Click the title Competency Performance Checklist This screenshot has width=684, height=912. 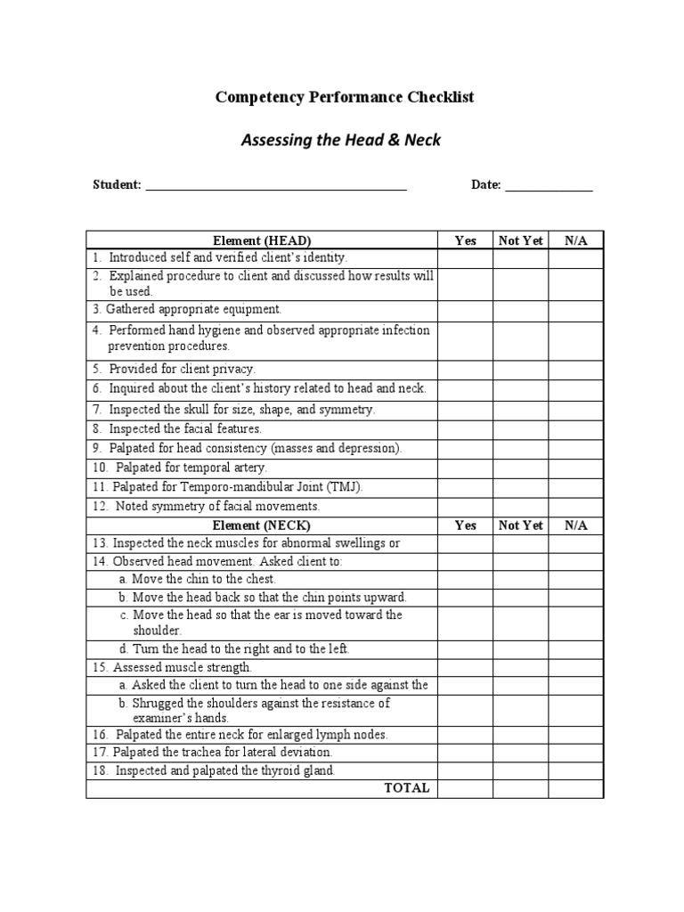tap(345, 97)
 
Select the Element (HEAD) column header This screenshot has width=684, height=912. tap(262, 240)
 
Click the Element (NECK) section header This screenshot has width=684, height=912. tap(262, 525)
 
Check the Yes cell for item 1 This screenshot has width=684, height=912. tap(466, 257)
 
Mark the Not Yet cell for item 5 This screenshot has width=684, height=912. tap(521, 369)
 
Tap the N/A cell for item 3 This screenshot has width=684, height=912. tap(576, 310)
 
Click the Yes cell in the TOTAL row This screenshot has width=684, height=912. tap(466, 788)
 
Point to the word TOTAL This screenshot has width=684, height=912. tap(406, 788)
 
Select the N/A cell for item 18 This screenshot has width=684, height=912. tap(576, 770)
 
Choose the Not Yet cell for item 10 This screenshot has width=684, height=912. tap(521, 468)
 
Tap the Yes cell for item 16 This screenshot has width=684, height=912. tap(466, 735)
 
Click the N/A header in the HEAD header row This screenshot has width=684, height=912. tap(576, 240)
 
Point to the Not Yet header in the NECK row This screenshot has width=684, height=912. tap(521, 525)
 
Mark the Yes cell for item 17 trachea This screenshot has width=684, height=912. tap(466, 753)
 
